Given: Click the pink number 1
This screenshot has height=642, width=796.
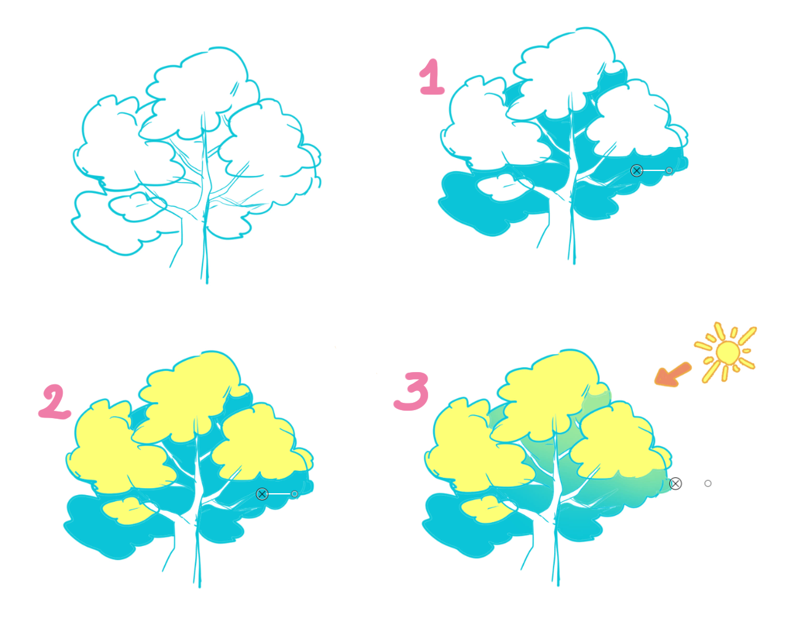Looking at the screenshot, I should (x=432, y=77).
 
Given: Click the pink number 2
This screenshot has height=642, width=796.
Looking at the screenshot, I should (x=55, y=402).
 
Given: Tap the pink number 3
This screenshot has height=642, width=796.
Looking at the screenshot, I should (x=412, y=391).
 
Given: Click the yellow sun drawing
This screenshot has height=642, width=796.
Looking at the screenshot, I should (x=727, y=352).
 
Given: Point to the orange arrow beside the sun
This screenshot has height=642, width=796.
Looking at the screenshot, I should (x=672, y=374).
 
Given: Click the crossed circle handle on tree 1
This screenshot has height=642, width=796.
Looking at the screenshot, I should (x=637, y=170).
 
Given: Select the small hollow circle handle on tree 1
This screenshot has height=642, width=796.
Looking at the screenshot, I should (x=669, y=170).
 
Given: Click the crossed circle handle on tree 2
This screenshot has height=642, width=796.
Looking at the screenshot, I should (x=262, y=494).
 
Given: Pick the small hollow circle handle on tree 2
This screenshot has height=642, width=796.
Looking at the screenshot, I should (x=295, y=494).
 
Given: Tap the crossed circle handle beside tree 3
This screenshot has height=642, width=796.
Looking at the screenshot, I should (x=675, y=483).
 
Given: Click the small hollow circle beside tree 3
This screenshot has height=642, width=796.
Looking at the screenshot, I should (x=708, y=483).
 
